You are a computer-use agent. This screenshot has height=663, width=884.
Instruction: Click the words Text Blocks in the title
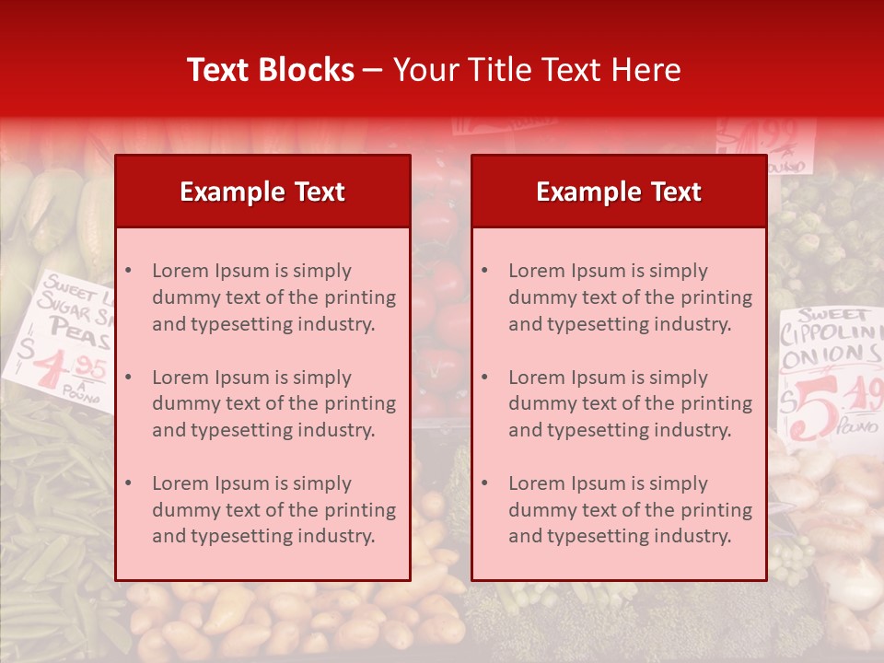tap(270, 70)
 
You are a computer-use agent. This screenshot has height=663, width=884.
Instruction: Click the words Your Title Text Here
tap(537, 70)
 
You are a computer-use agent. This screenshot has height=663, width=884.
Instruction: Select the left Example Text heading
tap(262, 192)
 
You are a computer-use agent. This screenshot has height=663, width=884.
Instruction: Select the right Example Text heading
tap(619, 192)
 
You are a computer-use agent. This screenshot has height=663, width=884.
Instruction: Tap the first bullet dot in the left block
tap(128, 271)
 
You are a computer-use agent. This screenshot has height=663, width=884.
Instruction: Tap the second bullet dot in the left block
tap(128, 378)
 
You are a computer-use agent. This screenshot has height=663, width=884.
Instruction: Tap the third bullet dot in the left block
tap(128, 483)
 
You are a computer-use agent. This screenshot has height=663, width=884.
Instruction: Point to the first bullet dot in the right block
tap(484, 271)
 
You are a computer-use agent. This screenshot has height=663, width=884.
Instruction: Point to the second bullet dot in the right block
tap(484, 378)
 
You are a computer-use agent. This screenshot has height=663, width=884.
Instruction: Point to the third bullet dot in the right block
tap(484, 483)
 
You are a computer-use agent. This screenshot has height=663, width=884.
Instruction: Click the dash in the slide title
tap(373, 71)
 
